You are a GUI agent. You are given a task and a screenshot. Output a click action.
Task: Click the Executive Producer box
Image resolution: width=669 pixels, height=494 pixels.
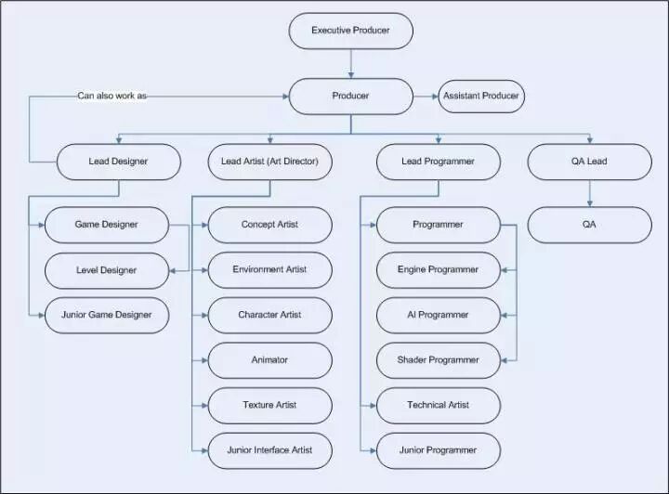click(x=350, y=31)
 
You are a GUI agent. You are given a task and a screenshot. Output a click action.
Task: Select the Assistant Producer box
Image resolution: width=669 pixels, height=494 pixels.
click(x=481, y=96)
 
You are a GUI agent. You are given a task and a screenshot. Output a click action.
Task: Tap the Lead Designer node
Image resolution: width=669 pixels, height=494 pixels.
click(x=118, y=162)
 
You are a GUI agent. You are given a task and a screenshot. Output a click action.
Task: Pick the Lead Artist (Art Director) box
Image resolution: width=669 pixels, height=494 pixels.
click(x=269, y=162)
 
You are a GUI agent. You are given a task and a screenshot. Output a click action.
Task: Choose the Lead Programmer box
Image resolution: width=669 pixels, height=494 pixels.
click(x=438, y=162)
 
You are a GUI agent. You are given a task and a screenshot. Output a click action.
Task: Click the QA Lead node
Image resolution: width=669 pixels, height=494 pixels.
click(x=589, y=162)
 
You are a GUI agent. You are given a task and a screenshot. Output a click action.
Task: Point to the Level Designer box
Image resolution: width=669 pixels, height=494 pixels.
click(x=106, y=270)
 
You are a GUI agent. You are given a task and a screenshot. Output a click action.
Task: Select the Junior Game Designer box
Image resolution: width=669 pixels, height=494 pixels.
click(x=106, y=315)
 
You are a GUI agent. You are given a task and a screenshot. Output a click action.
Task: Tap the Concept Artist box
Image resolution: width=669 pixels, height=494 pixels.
click(x=269, y=225)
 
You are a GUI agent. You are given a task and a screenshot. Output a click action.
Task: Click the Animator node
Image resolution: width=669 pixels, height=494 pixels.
click(x=269, y=360)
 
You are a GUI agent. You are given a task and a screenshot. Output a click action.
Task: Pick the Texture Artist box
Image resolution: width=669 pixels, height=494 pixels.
click(x=269, y=405)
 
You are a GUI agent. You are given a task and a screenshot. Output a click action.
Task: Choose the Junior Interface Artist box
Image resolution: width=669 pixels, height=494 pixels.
click(x=269, y=450)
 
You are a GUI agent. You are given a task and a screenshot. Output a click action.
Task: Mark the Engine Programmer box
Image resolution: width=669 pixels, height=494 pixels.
click(x=438, y=269)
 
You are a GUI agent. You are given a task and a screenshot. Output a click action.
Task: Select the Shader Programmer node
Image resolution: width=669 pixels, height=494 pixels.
click(x=438, y=360)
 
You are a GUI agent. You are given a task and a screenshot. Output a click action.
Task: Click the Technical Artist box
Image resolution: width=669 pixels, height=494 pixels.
click(x=438, y=405)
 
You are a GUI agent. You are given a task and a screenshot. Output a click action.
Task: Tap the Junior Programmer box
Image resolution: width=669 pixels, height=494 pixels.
click(x=438, y=450)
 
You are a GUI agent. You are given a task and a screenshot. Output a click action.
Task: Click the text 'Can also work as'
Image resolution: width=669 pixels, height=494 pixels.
click(x=111, y=96)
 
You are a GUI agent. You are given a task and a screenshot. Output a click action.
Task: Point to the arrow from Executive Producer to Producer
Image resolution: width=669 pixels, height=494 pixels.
click(x=350, y=63)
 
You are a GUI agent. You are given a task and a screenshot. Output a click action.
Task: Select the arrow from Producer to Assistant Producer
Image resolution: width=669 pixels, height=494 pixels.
click(x=426, y=96)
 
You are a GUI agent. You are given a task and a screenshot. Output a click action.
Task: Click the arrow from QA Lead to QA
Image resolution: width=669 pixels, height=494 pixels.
click(x=589, y=193)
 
